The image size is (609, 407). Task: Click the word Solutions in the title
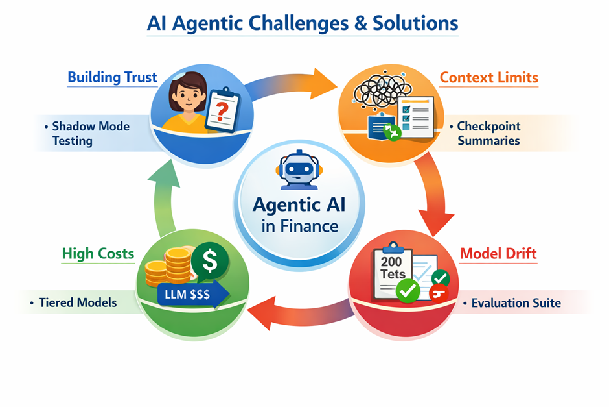coord(415,23)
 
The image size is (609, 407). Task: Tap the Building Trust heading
coord(112,77)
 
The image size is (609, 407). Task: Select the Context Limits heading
coord(489,77)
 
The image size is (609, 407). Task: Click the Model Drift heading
coord(498,254)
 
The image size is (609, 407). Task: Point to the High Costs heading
coord(98,254)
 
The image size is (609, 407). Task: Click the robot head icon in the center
coord(299,169)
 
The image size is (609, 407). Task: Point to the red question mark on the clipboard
coord(222,111)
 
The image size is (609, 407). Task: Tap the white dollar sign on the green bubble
coord(210,260)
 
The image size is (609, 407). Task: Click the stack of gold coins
coord(169,269)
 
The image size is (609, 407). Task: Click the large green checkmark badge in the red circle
coord(408,291)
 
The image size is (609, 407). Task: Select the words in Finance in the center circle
coord(299,226)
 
